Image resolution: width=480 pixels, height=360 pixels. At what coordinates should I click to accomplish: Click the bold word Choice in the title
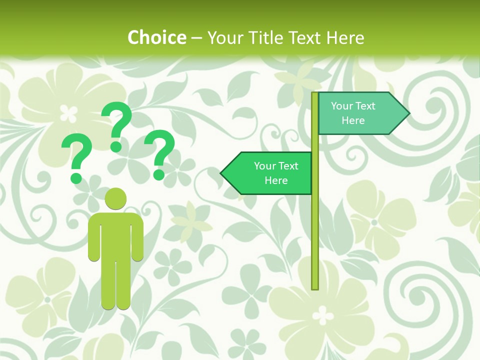pyautogui.click(x=156, y=37)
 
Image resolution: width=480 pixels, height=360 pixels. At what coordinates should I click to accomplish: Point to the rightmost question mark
pyautogui.click(x=159, y=153)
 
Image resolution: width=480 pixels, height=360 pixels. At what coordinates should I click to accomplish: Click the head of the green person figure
pyautogui.click(x=115, y=198)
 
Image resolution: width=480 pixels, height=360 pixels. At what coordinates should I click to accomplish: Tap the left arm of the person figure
pyautogui.click(x=93, y=237)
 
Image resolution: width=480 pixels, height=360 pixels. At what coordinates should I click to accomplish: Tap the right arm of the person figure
pyautogui.click(x=138, y=237)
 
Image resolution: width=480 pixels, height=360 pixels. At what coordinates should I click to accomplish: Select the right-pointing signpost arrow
pyautogui.click(x=360, y=113)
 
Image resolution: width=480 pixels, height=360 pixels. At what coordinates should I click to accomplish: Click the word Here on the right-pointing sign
pyautogui.click(x=353, y=120)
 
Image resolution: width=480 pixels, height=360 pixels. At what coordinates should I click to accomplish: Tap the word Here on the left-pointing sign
pyautogui.click(x=276, y=180)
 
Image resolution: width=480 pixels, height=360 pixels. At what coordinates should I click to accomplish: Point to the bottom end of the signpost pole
pyautogui.click(x=315, y=287)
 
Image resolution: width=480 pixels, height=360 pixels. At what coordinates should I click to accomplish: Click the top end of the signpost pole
pyautogui.click(x=315, y=94)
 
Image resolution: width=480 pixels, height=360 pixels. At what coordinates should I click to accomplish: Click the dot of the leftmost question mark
pyautogui.click(x=76, y=177)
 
